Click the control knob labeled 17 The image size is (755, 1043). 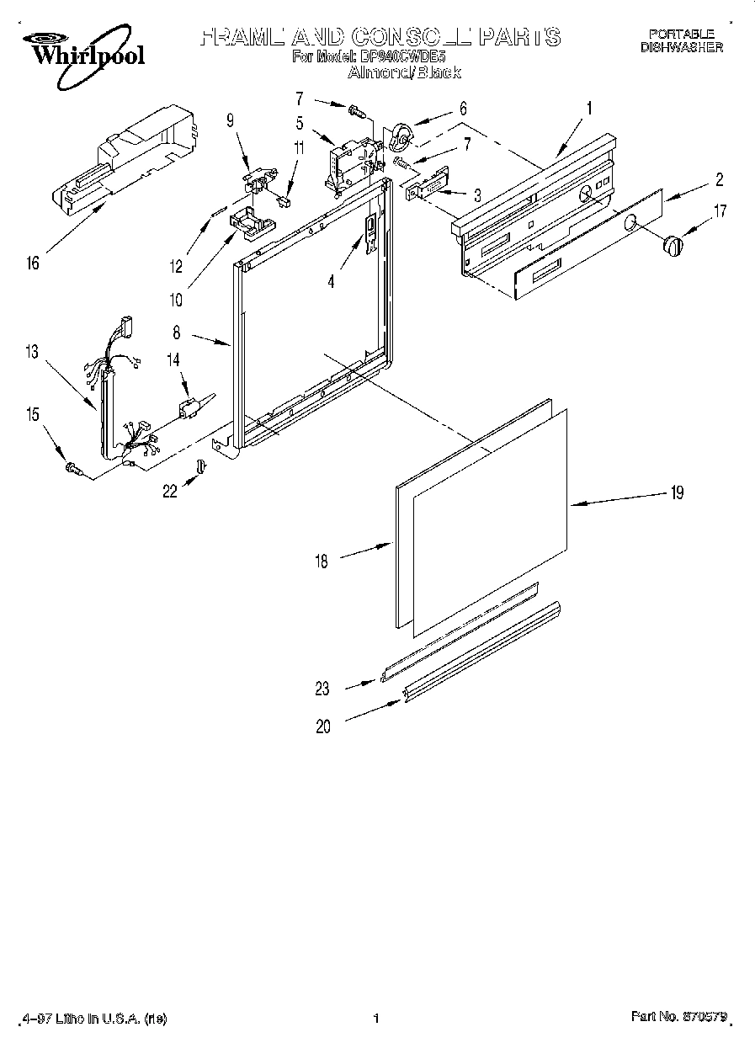tap(673, 245)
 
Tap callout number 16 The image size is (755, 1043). tap(32, 263)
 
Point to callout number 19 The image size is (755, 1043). tap(676, 493)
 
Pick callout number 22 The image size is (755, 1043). tap(170, 491)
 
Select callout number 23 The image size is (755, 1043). tap(323, 689)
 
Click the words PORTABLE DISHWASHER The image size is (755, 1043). tap(681, 41)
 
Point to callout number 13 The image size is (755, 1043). tap(32, 352)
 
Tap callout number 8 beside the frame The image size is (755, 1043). tap(177, 333)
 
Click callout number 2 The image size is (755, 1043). tap(720, 179)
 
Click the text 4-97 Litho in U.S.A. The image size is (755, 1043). tap(91, 1019)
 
